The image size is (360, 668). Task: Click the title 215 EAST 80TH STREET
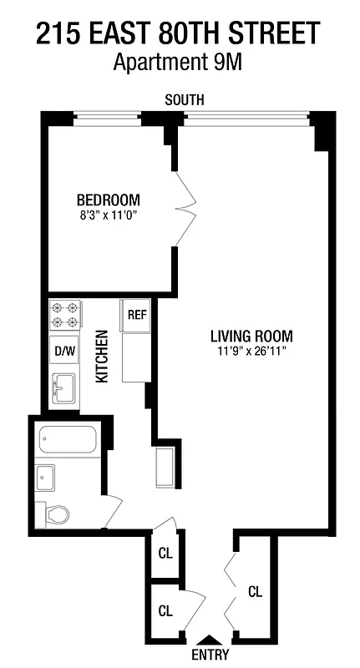178,33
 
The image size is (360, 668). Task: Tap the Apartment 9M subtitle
178,63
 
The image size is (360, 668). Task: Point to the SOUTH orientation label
184,100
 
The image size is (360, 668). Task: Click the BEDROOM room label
108,200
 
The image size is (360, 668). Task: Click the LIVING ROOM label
251,337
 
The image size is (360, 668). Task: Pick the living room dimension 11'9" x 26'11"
251,352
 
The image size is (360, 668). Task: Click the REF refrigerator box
136,315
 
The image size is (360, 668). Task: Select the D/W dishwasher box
64,351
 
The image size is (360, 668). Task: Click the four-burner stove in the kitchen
64,315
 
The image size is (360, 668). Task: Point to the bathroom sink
46,477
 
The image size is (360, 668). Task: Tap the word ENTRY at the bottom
209,655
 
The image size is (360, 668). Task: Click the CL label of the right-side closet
256,591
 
